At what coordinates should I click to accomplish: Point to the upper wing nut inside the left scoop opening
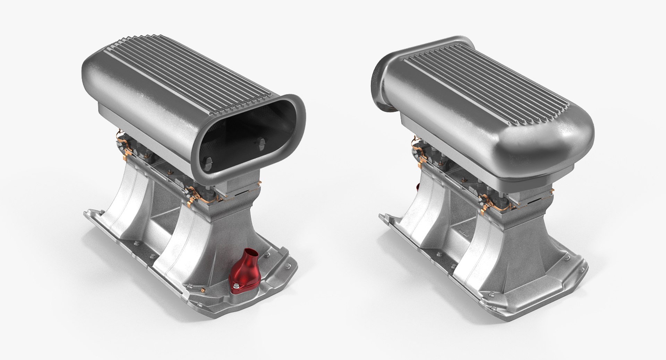tap(262, 143)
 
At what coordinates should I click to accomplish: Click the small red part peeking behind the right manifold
tap(417, 188)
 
